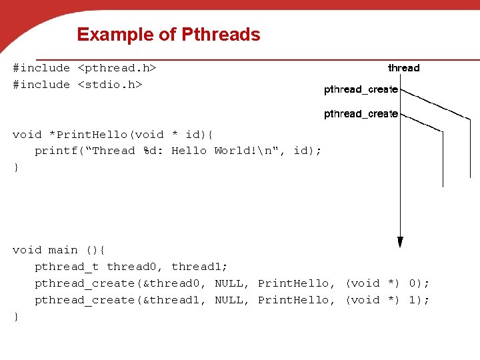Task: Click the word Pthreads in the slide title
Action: click(x=220, y=35)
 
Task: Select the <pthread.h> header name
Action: click(x=117, y=68)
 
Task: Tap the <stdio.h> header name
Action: click(x=110, y=85)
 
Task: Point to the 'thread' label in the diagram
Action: click(x=404, y=68)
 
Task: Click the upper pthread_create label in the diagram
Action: click(x=361, y=89)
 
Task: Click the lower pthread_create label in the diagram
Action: click(x=361, y=114)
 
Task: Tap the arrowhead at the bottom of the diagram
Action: click(x=400, y=241)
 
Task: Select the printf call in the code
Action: click(x=56, y=151)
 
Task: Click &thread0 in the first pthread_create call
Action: click(x=175, y=283)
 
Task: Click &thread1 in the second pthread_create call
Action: click(x=175, y=300)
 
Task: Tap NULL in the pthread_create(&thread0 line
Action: click(x=229, y=283)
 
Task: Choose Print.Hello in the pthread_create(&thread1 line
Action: click(x=293, y=300)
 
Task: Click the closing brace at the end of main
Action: click(x=16, y=317)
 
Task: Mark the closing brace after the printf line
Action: click(x=16, y=167)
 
